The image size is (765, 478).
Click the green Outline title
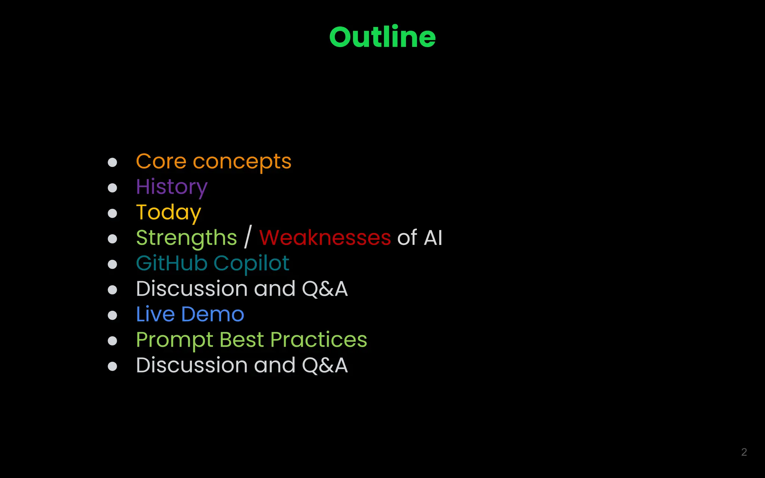[382, 37]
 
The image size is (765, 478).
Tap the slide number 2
[744, 452]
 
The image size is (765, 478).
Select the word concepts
[242, 162]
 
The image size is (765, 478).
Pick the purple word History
[171, 187]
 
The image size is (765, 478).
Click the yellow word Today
[168, 212]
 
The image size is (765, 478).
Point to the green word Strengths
[186, 238]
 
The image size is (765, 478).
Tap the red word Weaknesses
[325, 238]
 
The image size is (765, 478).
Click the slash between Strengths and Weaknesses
[248, 237]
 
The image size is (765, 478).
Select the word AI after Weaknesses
[433, 238]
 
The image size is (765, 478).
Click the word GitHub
[171, 263]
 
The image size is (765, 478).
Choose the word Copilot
[251, 264]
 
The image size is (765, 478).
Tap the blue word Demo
[213, 314]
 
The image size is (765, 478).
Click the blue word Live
[155, 314]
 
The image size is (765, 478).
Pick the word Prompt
[174, 340]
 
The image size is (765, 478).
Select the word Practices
[319, 339]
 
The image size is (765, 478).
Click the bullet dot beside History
[112, 187]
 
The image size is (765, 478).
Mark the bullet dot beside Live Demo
[112, 315]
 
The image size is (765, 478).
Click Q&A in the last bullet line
[325, 365]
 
